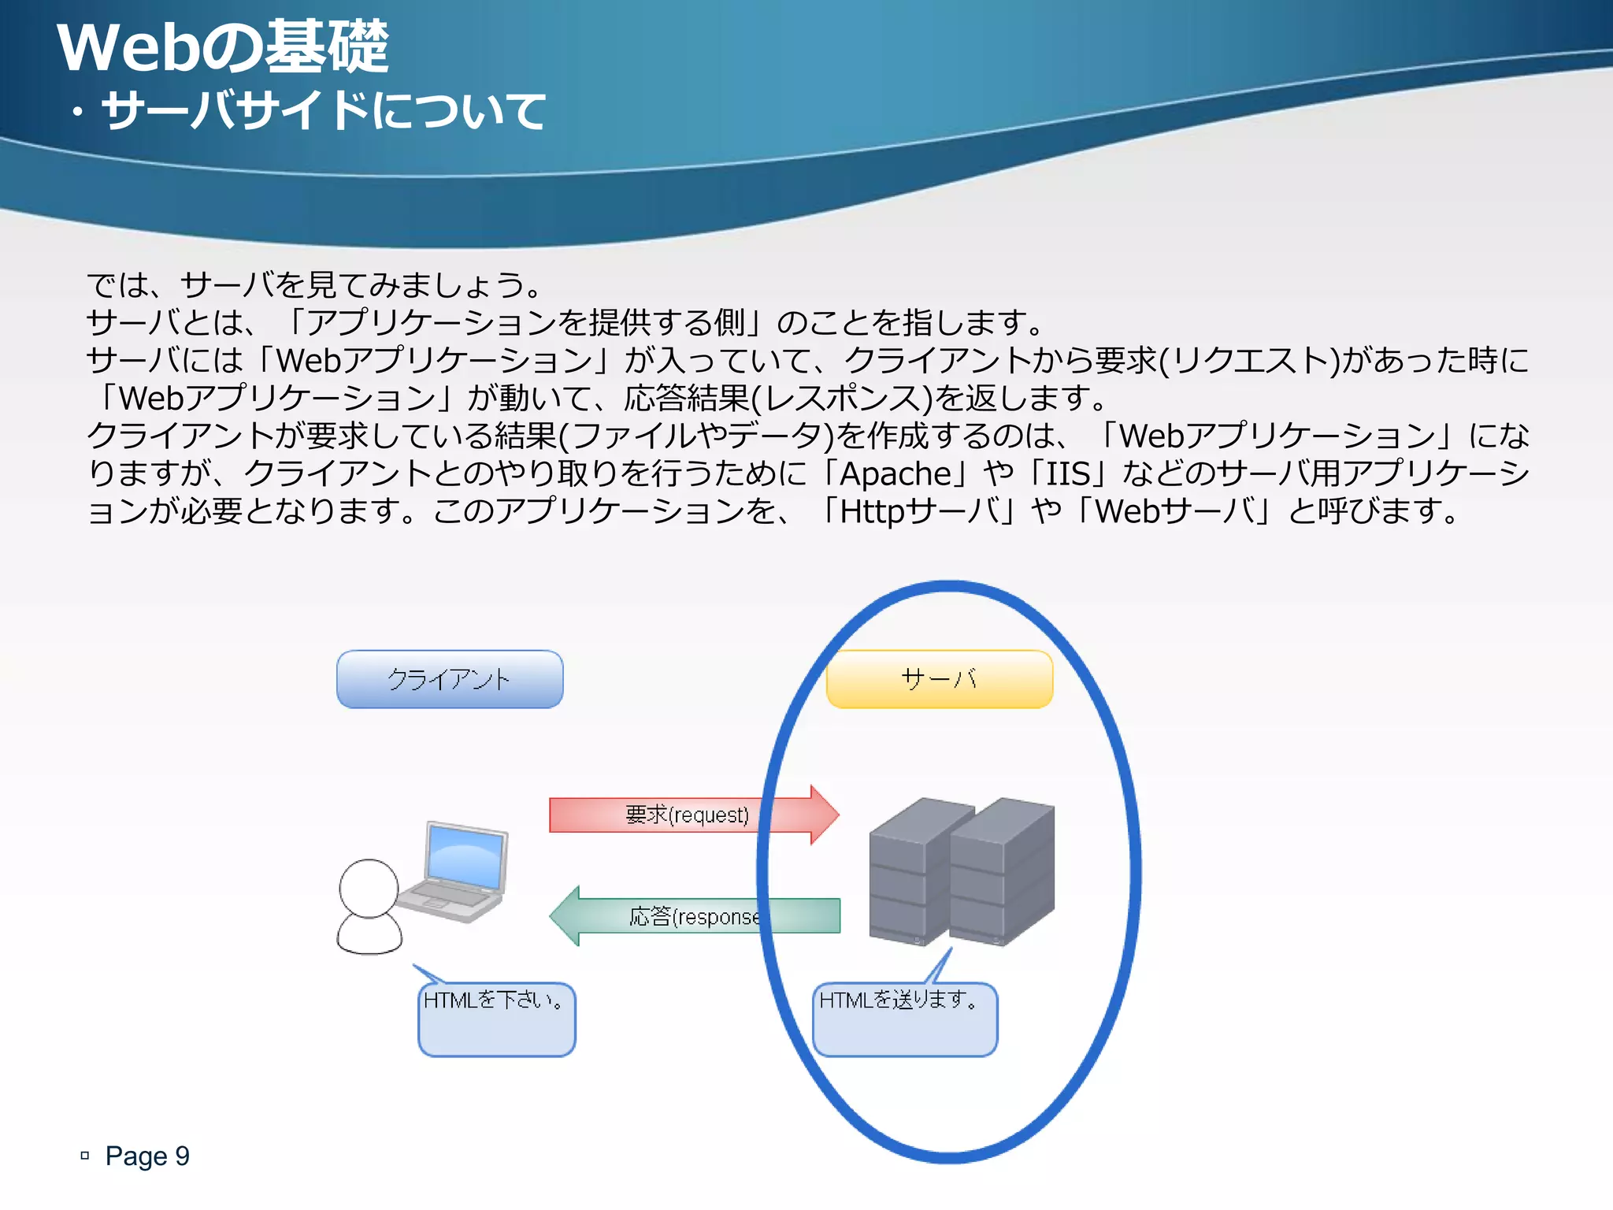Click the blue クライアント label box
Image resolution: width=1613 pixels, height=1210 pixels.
(450, 679)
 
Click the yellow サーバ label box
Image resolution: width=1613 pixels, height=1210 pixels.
(939, 679)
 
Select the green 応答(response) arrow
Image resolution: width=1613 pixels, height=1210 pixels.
(693, 916)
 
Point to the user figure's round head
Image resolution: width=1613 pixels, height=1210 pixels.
(369, 888)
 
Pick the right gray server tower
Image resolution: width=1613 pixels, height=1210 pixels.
(1002, 874)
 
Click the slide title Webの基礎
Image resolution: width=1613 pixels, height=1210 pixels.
(223, 47)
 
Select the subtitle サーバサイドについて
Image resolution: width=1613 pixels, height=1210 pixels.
(323, 110)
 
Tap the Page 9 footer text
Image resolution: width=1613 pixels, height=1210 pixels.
(147, 1156)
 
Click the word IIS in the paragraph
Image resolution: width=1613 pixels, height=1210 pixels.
(1068, 474)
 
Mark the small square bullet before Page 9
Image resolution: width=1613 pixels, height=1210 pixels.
(85, 1156)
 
